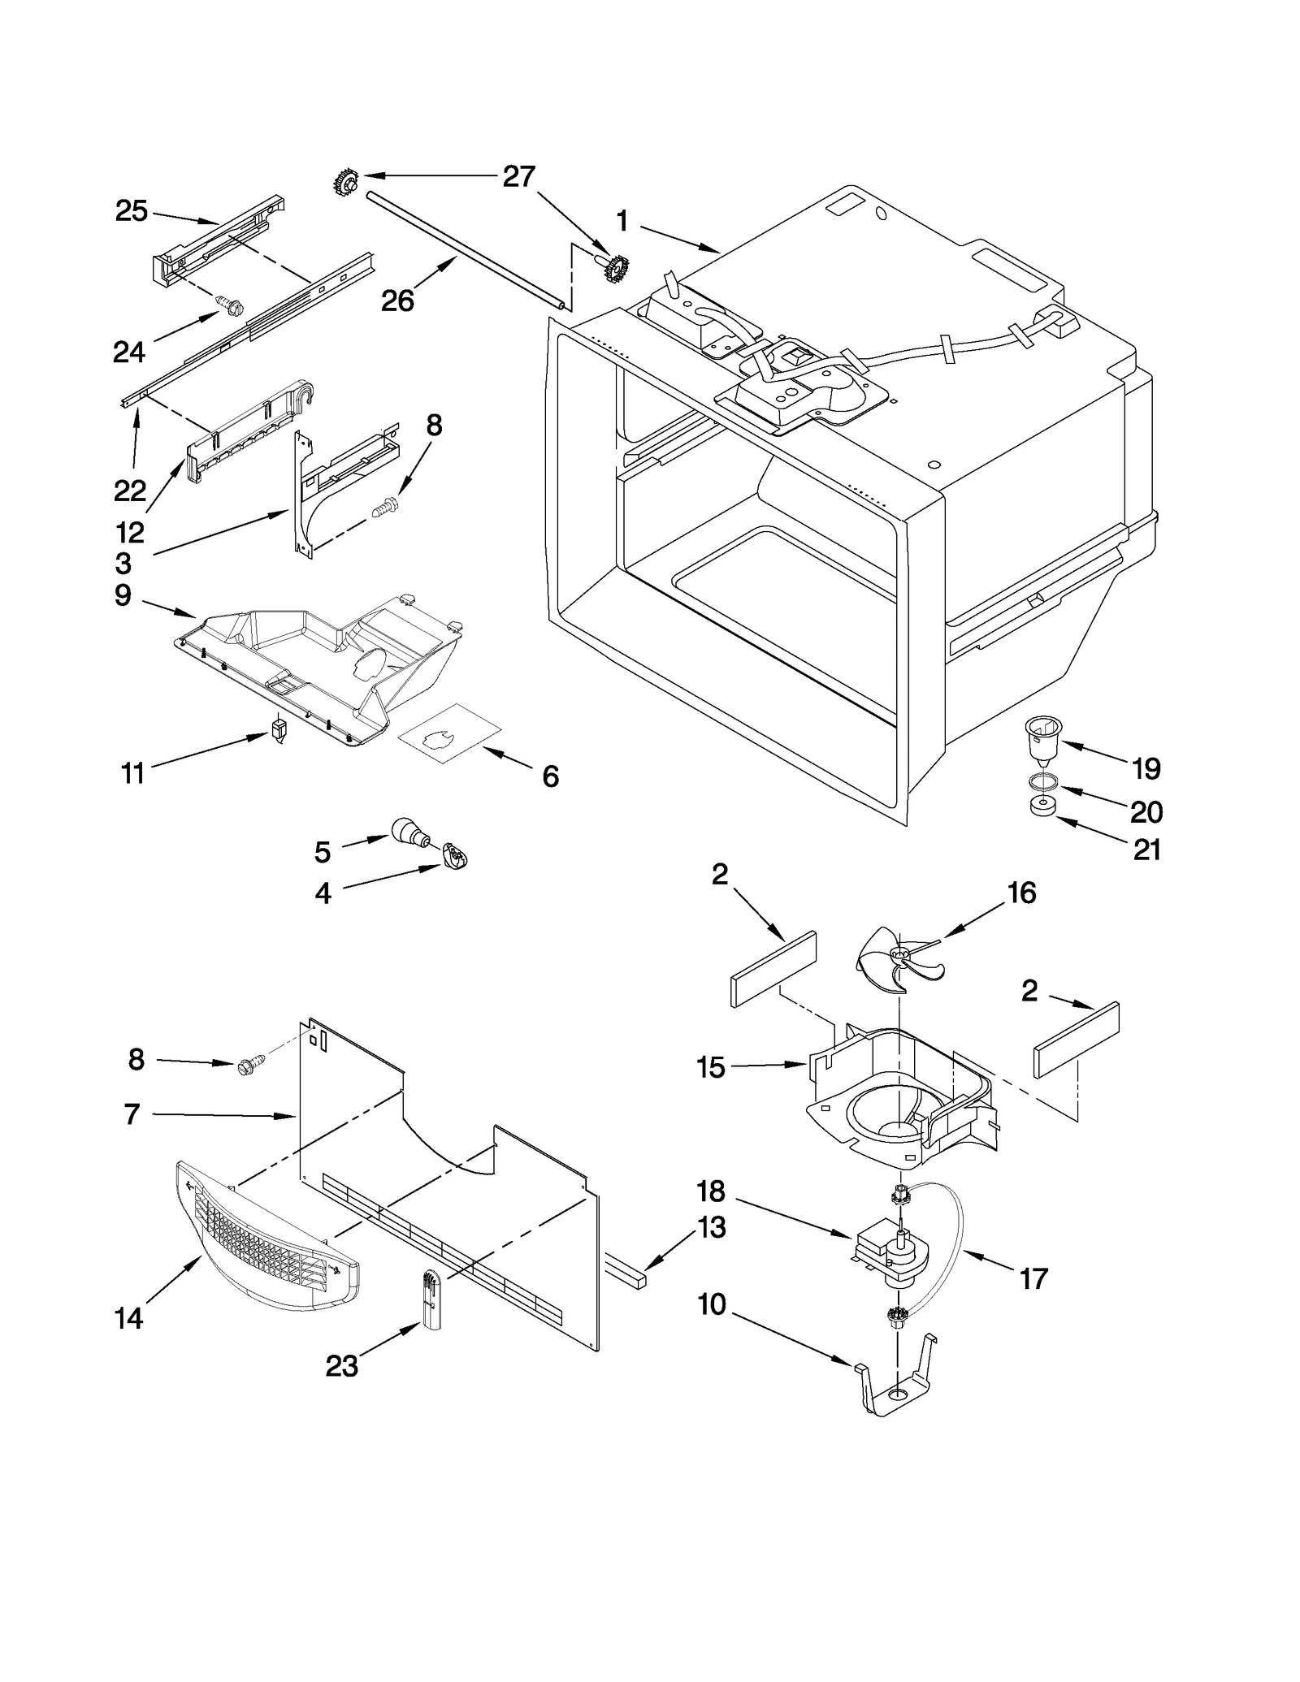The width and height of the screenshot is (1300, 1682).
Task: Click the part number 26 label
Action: [x=397, y=301]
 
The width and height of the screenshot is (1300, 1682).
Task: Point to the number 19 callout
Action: [x=1146, y=768]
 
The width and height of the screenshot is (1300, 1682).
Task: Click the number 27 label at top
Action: [x=518, y=176]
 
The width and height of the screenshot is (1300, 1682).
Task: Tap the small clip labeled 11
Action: [x=279, y=729]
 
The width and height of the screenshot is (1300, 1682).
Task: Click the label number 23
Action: [x=341, y=1367]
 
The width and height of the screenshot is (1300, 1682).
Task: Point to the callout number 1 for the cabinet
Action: [x=622, y=220]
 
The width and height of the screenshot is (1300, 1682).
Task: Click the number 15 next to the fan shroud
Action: [x=710, y=1067]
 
